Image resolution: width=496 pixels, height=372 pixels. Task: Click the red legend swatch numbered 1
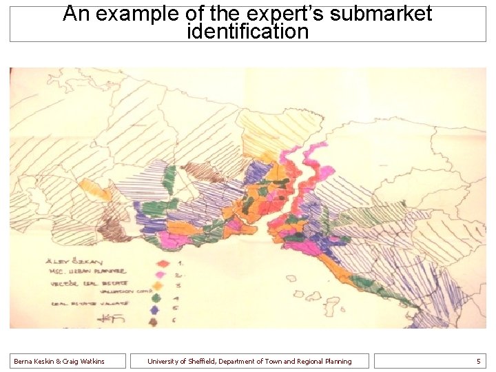(163, 262)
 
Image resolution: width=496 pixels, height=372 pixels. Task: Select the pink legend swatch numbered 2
(161, 273)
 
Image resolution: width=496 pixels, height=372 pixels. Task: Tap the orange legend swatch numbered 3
(159, 285)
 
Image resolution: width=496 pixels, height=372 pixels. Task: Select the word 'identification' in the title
(247, 31)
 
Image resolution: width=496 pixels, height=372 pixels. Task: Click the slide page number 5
(478, 361)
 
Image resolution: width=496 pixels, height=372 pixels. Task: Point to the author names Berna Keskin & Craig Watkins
(59, 361)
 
